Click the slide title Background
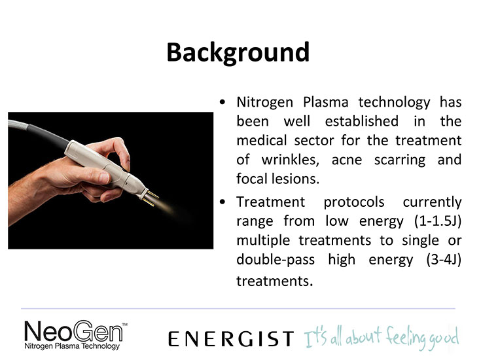[238, 53]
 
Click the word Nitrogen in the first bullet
[265, 103]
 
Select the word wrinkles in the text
[290, 160]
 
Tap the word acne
[347, 160]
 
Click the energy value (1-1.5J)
[438, 221]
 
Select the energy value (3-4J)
[444, 260]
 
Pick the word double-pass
[276, 260]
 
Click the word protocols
[353, 202]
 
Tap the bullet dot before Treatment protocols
[223, 202]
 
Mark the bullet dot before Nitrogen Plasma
[223, 102]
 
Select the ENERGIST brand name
[231, 339]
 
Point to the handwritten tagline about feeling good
[382, 338]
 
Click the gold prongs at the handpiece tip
[151, 197]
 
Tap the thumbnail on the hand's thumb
[103, 177]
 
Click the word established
[362, 122]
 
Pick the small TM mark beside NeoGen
[125, 324]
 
